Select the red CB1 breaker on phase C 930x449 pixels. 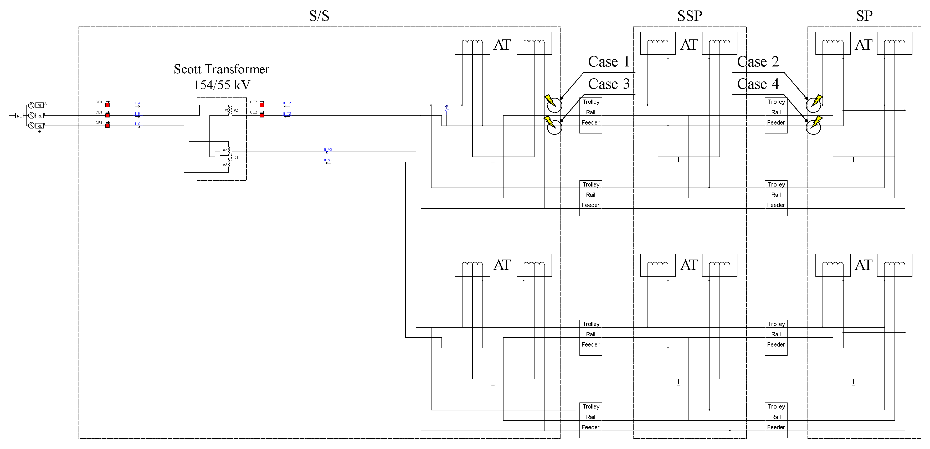coord(107,125)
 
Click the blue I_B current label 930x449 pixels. coord(137,114)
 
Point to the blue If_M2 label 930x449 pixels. coord(328,160)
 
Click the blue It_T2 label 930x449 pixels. coord(287,103)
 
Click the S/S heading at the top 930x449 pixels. coord(319,16)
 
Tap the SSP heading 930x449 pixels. coord(690,16)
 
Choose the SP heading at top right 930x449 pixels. coord(864,16)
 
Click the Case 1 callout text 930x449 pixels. coord(609,62)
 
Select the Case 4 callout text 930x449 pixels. coord(758,84)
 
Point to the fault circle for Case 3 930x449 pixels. coord(554,127)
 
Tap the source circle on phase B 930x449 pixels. coord(32,116)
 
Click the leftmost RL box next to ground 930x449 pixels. coord(19,116)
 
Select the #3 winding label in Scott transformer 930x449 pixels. coord(225,164)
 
